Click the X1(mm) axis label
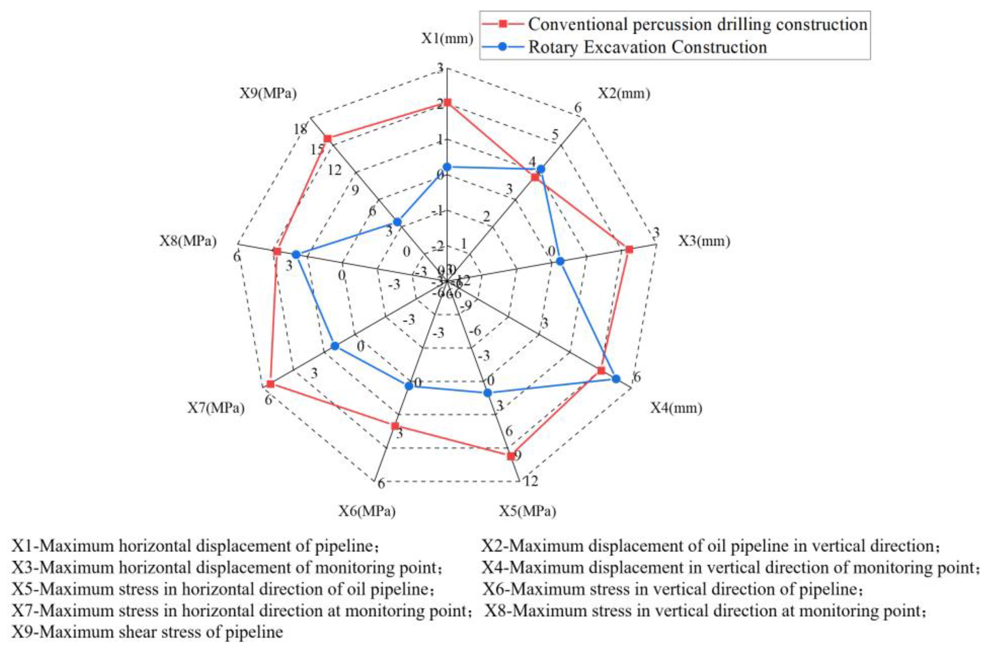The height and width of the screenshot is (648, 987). [447, 39]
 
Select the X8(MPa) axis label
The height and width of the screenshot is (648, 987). [188, 241]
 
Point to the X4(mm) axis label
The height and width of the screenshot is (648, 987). [676, 408]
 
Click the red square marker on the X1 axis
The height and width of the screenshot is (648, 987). [447, 102]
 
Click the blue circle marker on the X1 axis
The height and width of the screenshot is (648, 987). [447, 167]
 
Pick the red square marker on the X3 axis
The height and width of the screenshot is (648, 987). [629, 249]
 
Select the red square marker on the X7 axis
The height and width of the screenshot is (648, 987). [271, 384]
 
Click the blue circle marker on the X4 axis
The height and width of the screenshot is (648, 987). [616, 379]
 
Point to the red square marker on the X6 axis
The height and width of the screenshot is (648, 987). [395, 426]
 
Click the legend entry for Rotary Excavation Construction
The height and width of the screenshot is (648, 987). [647, 47]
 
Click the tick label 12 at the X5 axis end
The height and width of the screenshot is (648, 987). [531, 481]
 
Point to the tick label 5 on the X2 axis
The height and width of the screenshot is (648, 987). [555, 135]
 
